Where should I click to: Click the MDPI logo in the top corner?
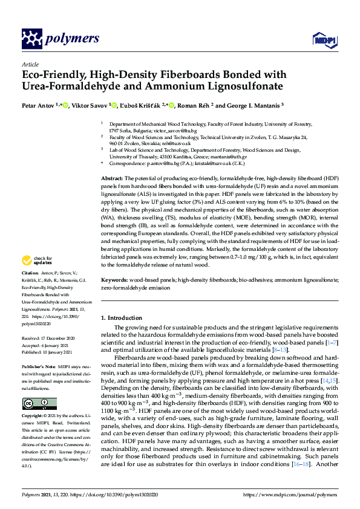(320, 40)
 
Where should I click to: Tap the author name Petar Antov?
(38, 105)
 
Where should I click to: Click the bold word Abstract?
(112, 179)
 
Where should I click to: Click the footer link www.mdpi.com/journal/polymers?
(292, 494)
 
